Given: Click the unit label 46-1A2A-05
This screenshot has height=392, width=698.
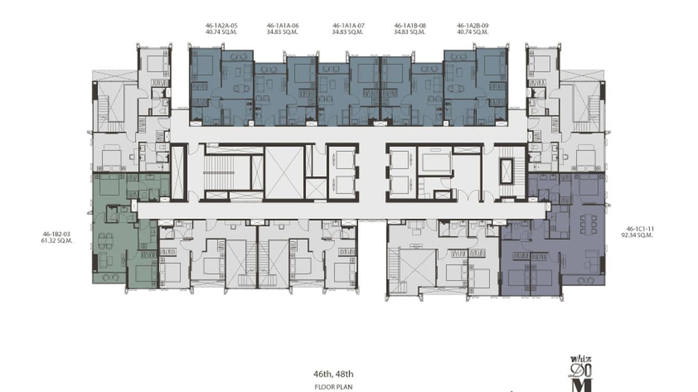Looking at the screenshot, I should [x=221, y=25].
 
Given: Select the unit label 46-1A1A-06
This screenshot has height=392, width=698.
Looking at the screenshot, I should [x=282, y=25].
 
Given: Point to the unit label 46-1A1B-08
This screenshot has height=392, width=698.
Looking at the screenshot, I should [x=410, y=25].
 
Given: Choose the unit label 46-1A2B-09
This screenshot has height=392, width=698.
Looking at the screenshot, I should [x=472, y=25].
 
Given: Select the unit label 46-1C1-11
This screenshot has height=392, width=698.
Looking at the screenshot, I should [x=639, y=229].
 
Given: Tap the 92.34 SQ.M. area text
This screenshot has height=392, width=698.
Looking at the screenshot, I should [x=639, y=235].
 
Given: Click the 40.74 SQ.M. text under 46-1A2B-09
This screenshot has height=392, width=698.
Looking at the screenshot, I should [x=472, y=32].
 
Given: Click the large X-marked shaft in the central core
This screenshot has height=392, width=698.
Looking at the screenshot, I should [x=284, y=173].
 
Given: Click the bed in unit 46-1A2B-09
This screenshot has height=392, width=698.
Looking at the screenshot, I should [x=494, y=67].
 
